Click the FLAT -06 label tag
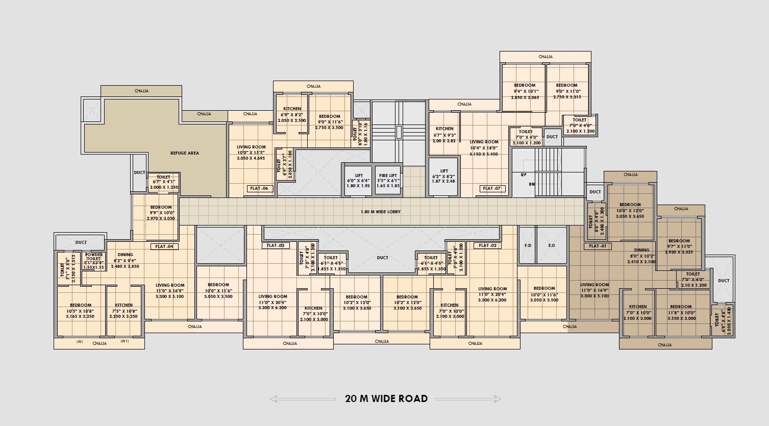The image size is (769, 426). click(x=259, y=188)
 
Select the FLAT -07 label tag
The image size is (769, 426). click(x=491, y=188)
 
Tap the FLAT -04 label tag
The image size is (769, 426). click(x=164, y=246)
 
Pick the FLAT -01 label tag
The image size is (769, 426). click(x=598, y=246)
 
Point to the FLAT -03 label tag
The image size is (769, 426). click(x=276, y=245)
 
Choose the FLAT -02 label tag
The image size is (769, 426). click(x=487, y=245)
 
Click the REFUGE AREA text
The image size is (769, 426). click(x=185, y=153)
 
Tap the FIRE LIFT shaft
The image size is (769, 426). click(x=388, y=181)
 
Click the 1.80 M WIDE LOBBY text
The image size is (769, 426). click(x=381, y=211)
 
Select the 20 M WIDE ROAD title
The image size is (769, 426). click(x=386, y=399)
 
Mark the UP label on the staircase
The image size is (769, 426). click(x=524, y=175)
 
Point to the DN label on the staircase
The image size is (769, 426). click(x=532, y=184)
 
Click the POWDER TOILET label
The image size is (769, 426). click(x=94, y=257)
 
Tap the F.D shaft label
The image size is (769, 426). click(x=528, y=245)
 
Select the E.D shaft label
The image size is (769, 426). click(x=551, y=245)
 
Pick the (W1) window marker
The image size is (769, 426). click(x=125, y=341)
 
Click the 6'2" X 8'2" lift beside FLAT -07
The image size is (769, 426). click(x=444, y=177)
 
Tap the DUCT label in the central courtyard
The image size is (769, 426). click(x=382, y=258)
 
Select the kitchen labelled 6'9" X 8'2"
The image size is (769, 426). click(x=292, y=115)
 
